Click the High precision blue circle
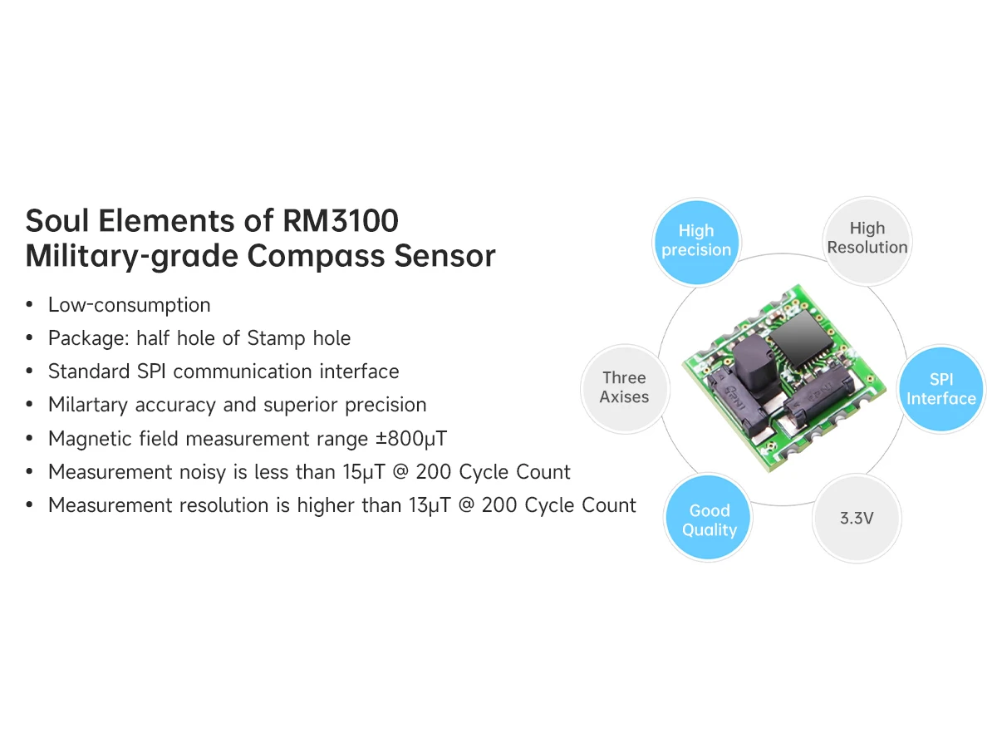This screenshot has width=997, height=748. [696, 240]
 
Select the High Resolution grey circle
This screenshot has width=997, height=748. [867, 238]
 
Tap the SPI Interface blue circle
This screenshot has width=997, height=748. [941, 389]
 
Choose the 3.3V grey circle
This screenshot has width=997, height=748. [856, 519]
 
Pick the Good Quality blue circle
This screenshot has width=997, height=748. [710, 520]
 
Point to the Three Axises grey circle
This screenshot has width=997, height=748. [624, 387]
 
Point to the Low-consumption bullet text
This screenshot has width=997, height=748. [129, 305]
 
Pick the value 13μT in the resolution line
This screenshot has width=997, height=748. [417, 505]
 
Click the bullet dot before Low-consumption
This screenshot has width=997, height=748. [30, 306]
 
